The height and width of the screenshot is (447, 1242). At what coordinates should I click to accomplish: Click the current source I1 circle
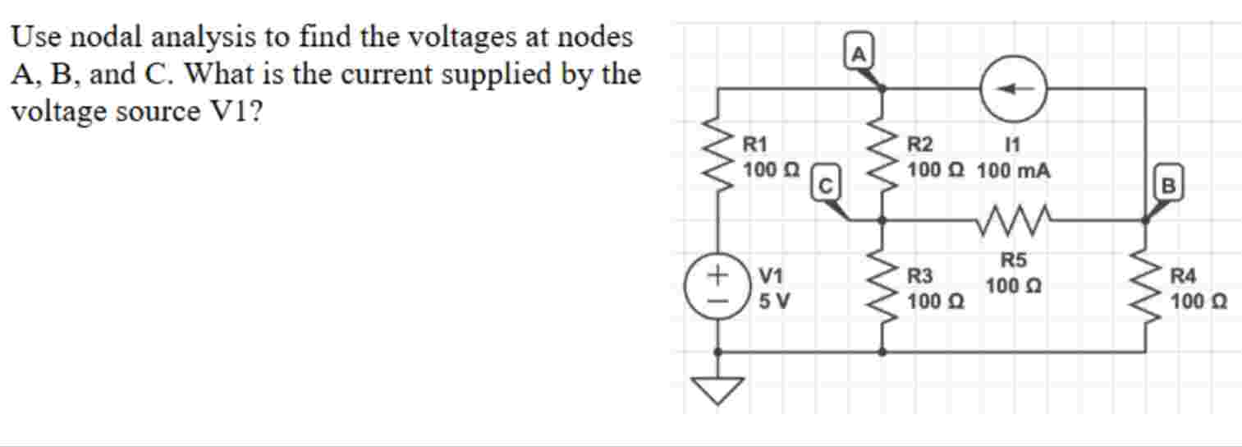1013,90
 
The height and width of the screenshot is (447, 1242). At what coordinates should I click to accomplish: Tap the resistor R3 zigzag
882,288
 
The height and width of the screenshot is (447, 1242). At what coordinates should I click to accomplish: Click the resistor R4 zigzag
1145,288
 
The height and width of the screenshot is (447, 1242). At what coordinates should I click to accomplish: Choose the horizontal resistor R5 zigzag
1013,219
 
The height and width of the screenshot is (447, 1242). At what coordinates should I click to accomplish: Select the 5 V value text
199,301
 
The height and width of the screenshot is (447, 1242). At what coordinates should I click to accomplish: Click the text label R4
1185,277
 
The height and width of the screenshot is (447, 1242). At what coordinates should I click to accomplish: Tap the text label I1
1012,145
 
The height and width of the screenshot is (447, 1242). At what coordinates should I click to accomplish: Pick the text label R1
180,145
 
